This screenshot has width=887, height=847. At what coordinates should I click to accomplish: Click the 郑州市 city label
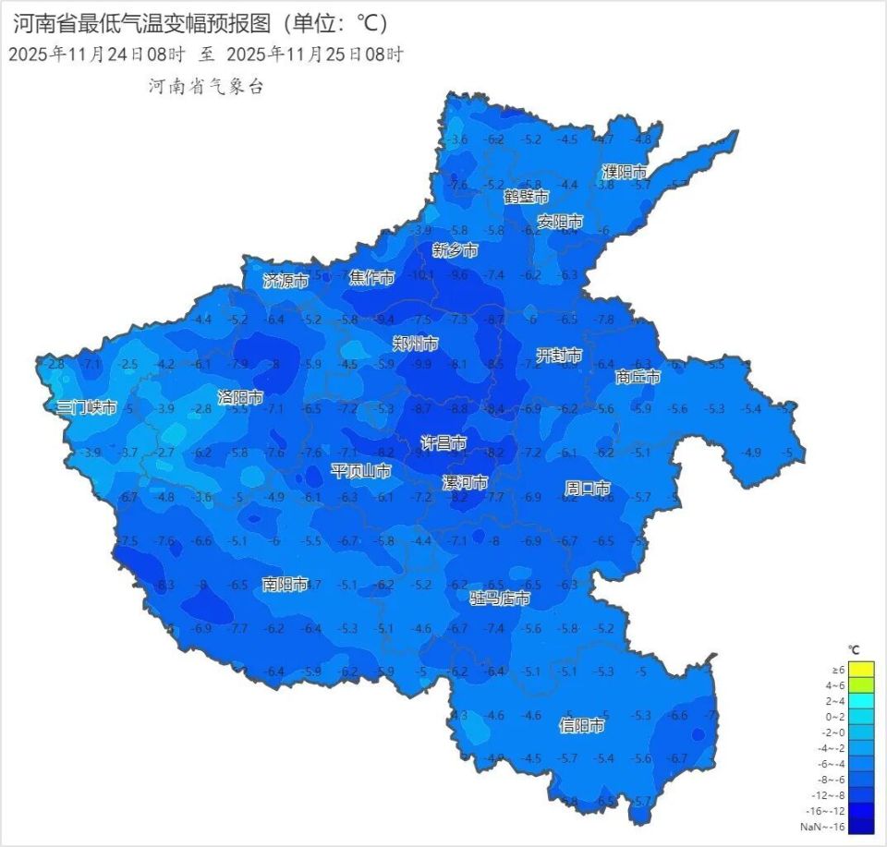[x=415, y=344]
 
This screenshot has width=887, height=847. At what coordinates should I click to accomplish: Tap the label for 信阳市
[x=582, y=726]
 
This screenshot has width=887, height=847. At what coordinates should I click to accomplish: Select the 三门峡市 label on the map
[x=87, y=407]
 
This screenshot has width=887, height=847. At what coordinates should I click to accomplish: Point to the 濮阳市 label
[x=625, y=173]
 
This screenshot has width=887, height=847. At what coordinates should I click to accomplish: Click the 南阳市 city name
[x=285, y=584]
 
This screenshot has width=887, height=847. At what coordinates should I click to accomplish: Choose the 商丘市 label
[x=638, y=377]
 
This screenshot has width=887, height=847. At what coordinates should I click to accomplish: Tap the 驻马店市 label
[x=500, y=599]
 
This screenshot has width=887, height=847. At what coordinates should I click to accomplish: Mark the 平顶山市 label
[x=361, y=471]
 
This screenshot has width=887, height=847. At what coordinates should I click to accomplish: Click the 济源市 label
[x=286, y=280]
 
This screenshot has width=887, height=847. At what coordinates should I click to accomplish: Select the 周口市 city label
[x=588, y=488]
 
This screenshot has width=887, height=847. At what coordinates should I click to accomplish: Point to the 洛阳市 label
[x=240, y=397]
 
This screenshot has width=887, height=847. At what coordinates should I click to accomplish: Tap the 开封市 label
[x=560, y=356]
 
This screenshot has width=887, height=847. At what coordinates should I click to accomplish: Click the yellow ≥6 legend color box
[x=860, y=670]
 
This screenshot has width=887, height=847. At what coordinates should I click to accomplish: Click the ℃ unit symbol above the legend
[x=855, y=649]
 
